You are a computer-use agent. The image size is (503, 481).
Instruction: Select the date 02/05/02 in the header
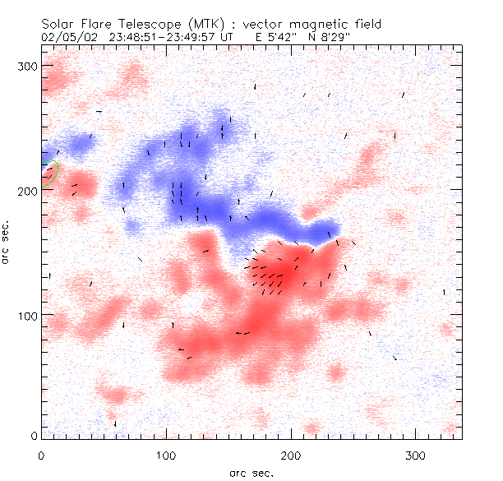click(66, 37)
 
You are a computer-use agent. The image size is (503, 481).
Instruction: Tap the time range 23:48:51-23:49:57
click(160, 37)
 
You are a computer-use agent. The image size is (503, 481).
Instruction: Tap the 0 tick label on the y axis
click(34, 435)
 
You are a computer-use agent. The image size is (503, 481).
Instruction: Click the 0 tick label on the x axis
click(41, 454)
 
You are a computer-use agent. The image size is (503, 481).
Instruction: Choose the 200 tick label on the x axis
click(291, 454)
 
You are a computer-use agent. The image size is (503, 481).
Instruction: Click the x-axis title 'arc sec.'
click(251, 473)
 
